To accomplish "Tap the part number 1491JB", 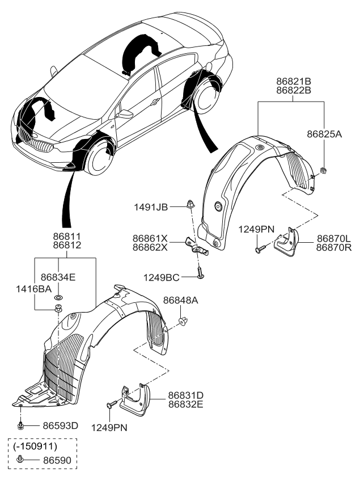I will (150, 208).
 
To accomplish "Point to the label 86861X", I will (151, 239).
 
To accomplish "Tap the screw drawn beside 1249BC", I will (201, 275).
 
